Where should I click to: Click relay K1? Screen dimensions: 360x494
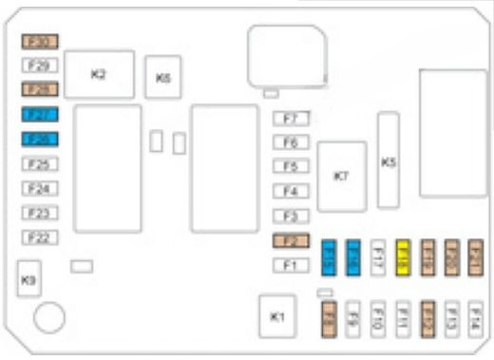coord(277,315)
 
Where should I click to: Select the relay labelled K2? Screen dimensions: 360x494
coord(99,75)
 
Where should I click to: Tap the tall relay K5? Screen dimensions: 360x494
coord(388,161)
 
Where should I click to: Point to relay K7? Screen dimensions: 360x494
coord(342,176)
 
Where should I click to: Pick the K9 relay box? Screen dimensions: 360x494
coord(28,279)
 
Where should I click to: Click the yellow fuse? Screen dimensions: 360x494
coord(403,256)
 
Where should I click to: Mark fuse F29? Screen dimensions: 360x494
coord(41,66)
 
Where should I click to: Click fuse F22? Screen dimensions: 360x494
coord(41,237)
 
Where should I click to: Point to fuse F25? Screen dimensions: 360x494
coord(41,163)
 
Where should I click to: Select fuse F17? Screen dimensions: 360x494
coord(377,256)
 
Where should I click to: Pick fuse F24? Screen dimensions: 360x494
coord(41,188)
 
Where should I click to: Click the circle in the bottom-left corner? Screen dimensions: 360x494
coord(49,317)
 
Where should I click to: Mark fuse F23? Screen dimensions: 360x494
coord(41,213)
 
